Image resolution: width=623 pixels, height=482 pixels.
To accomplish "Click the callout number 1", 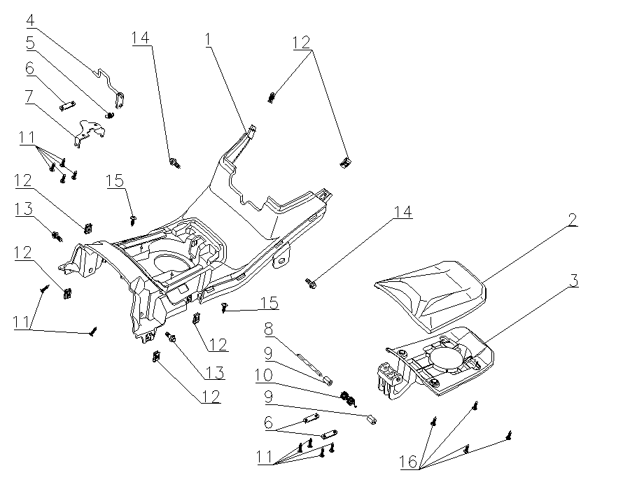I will [208, 40].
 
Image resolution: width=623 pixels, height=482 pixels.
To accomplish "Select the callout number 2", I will [572, 220].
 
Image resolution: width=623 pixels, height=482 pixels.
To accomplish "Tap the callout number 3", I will [573, 281].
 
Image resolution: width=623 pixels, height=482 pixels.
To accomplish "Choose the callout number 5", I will [31, 43].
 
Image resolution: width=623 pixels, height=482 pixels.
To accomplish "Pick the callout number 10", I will [263, 375].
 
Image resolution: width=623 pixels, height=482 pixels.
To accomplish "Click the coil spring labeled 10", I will [346, 399].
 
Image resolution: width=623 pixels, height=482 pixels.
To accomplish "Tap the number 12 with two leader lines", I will [301, 42].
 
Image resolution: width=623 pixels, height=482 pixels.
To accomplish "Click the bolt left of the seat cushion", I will [310, 283].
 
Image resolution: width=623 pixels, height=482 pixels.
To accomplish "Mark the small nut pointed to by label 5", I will [110, 114].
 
